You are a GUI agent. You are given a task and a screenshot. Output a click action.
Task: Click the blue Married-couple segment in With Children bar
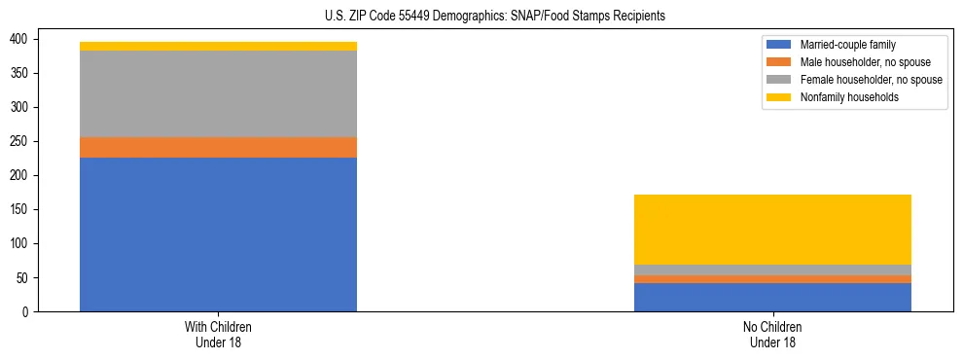[218, 234]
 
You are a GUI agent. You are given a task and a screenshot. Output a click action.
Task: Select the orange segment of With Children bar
[218, 147]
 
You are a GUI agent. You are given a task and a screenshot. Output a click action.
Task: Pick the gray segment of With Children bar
[218, 93]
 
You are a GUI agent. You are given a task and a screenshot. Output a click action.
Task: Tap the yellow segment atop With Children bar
[218, 46]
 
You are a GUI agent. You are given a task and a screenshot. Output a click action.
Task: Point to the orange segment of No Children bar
[772, 279]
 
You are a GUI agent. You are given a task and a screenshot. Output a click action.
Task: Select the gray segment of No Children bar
[772, 270]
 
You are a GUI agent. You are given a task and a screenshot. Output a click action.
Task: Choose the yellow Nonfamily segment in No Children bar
[772, 230]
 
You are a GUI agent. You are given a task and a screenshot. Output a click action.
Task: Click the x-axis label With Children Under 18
[218, 334]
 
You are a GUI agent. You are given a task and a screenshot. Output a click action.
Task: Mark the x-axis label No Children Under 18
[772, 334]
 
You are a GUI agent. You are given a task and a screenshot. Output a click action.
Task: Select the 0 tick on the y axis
[30, 311]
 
